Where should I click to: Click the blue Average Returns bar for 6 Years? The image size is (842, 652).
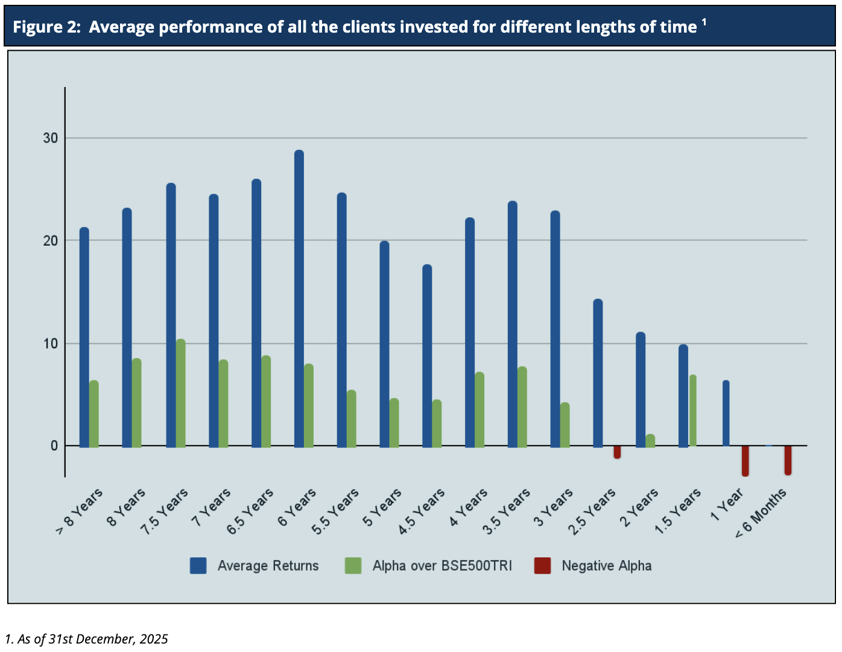pos(299,299)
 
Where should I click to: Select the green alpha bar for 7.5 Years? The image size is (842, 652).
pos(180,393)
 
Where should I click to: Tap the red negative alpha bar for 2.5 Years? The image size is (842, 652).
pos(617,452)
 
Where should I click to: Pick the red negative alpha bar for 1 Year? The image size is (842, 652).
pos(745,461)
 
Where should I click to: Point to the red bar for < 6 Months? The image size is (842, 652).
pos(788,461)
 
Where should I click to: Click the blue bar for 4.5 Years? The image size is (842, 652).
pos(427,356)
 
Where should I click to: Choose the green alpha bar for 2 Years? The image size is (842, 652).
pos(650,441)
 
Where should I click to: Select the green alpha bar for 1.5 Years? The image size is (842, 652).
pos(693,411)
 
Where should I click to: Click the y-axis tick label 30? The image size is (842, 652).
pos(50,138)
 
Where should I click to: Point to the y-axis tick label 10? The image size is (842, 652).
pos(50,344)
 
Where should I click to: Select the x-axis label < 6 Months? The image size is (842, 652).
pos(761,513)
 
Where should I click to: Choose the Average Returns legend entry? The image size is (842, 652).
pos(268,566)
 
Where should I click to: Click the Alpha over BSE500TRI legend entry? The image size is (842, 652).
pos(442,566)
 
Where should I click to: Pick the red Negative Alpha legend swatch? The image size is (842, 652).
pos(542,566)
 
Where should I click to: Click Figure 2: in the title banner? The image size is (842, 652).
pos(46,27)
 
